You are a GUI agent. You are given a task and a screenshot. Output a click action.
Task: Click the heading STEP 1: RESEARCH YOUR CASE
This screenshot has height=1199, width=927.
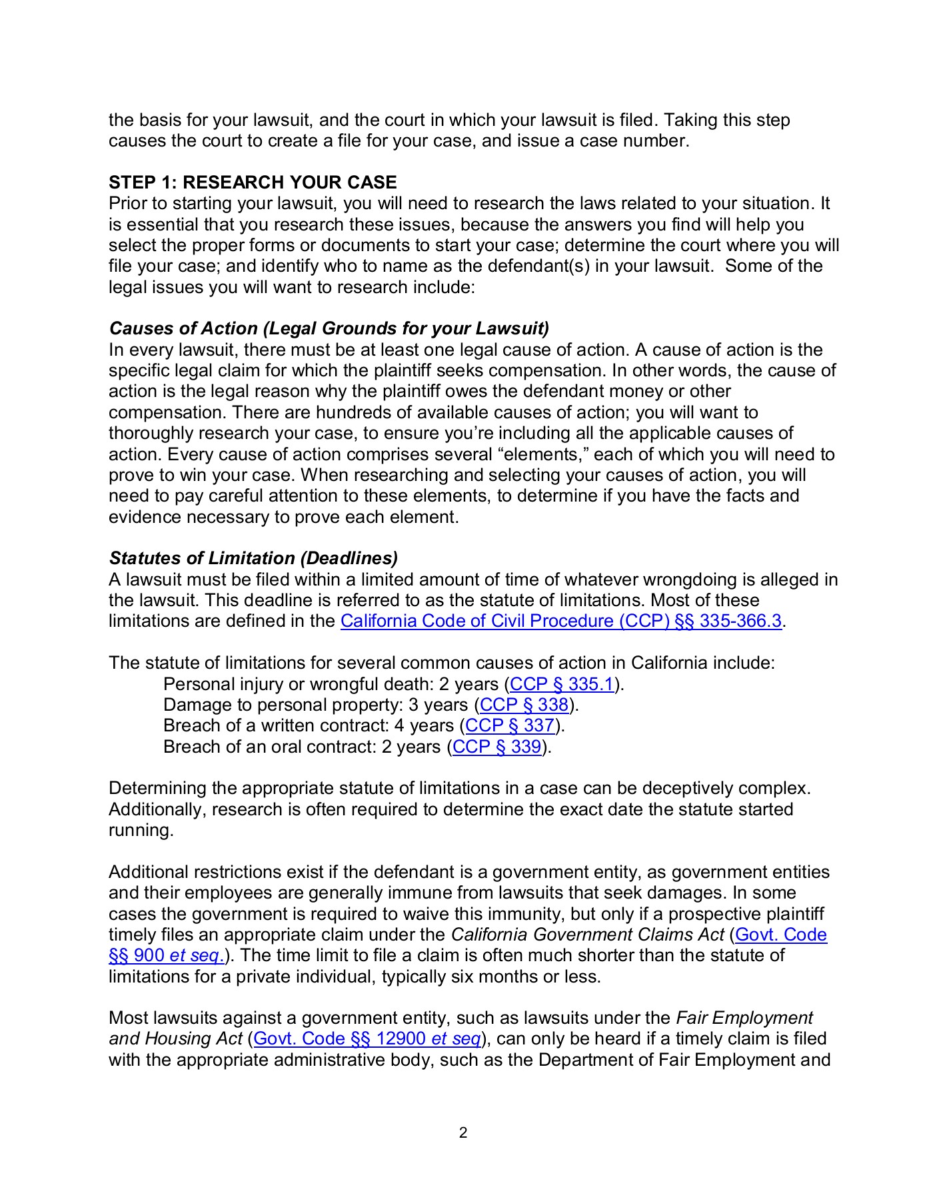pos(253,183)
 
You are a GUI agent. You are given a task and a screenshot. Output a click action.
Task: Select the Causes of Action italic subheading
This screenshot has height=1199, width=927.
pos(329,328)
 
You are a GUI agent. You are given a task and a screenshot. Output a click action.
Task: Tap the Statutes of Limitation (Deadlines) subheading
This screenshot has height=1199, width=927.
pos(253,558)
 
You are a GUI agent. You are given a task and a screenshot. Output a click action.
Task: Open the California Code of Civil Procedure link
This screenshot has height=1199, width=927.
pos(560,621)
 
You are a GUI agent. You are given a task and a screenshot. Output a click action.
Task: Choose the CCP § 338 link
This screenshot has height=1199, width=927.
pos(524,705)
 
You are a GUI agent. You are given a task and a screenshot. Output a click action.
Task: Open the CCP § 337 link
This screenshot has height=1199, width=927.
pos(510,725)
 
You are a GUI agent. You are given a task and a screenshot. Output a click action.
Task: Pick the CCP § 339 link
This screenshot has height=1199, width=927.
pos(496,747)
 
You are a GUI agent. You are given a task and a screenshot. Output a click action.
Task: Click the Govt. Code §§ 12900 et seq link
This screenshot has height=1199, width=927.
pos(367,1038)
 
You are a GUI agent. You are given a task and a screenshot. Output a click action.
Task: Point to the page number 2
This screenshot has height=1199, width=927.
pos(463,1132)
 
